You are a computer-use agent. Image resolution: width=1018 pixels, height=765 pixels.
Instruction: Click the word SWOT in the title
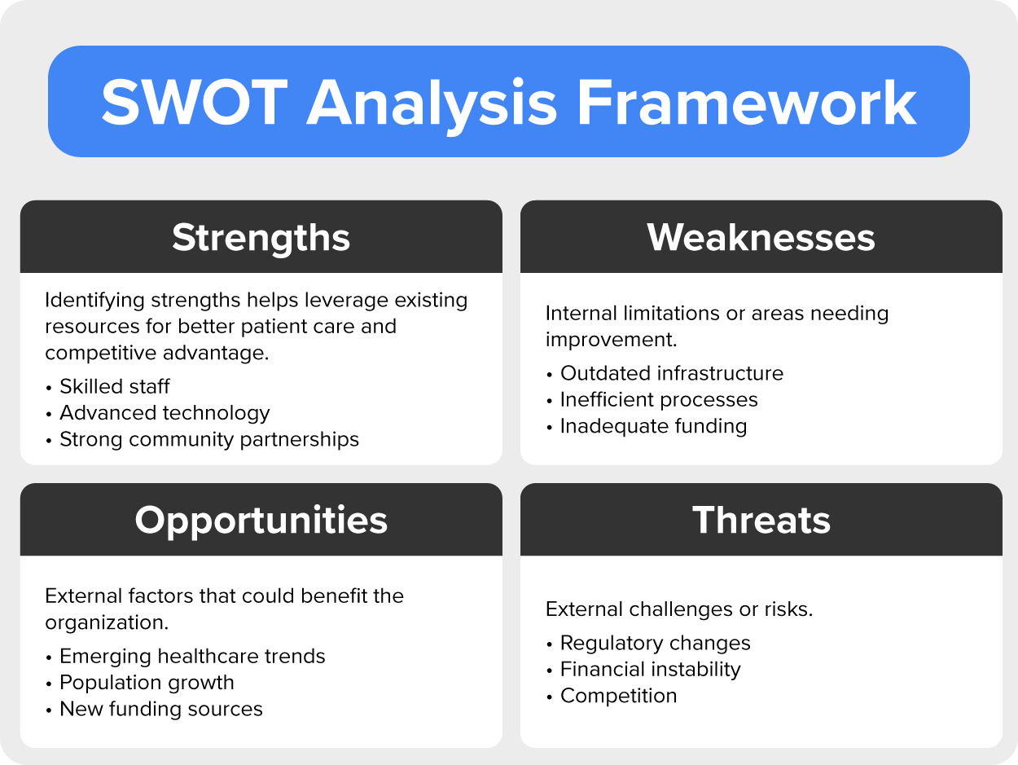tap(195, 102)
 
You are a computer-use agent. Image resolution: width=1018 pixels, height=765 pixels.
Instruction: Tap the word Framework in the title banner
tap(746, 102)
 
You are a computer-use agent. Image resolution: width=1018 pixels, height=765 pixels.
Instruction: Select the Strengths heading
tap(261, 238)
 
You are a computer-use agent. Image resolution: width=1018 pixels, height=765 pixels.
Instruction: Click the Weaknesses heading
tap(761, 237)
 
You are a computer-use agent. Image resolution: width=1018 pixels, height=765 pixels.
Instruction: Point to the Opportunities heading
tap(261, 521)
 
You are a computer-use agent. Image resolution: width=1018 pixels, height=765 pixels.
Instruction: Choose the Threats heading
tap(761, 520)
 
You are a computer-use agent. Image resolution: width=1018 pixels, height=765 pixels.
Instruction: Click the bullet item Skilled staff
tap(115, 386)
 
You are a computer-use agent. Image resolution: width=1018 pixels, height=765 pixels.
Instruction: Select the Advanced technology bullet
tap(165, 413)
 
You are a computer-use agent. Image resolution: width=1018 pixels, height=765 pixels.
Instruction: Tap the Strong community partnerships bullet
tap(209, 439)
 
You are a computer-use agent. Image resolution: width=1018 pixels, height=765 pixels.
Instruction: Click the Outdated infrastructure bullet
tap(672, 373)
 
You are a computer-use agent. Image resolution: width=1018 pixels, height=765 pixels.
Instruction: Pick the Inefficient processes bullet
tap(659, 399)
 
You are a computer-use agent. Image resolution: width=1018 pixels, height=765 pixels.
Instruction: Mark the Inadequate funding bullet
tap(653, 426)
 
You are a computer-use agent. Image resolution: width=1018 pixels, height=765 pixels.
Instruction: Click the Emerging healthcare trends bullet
tap(192, 656)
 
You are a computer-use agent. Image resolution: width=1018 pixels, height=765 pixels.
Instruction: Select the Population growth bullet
tap(147, 683)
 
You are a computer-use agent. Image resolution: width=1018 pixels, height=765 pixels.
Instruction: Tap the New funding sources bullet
tap(161, 709)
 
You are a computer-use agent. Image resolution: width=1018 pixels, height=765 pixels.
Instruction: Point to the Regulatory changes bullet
tap(656, 643)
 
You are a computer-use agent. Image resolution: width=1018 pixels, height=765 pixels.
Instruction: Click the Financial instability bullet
tap(650, 670)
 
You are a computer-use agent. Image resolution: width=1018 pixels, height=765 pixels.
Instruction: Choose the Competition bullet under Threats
tap(619, 696)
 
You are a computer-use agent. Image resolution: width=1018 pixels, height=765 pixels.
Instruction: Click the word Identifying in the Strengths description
tap(95, 300)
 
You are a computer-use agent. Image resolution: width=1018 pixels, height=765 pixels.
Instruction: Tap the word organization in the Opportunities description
tap(107, 622)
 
